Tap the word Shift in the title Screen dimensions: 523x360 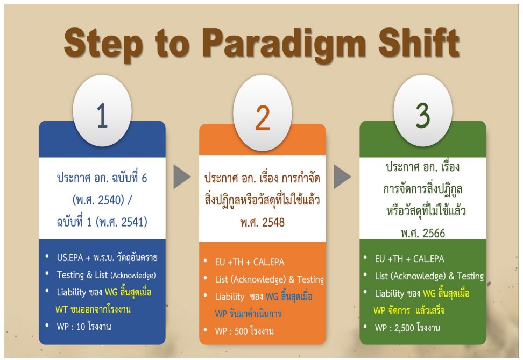click(x=419, y=42)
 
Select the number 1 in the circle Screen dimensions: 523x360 click(x=102, y=116)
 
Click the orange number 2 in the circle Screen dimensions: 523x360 click(x=263, y=117)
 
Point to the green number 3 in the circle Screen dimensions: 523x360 click(x=422, y=115)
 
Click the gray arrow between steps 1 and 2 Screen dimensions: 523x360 click(x=182, y=177)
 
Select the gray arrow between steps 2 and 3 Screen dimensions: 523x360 click(x=343, y=177)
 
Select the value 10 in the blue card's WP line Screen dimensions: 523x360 click(x=81, y=327)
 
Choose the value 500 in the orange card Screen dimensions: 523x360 click(x=241, y=331)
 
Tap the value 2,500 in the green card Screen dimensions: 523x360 click(x=404, y=328)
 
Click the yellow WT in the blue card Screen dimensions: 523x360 click(x=62, y=309)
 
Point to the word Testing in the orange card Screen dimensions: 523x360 click(x=310, y=279)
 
